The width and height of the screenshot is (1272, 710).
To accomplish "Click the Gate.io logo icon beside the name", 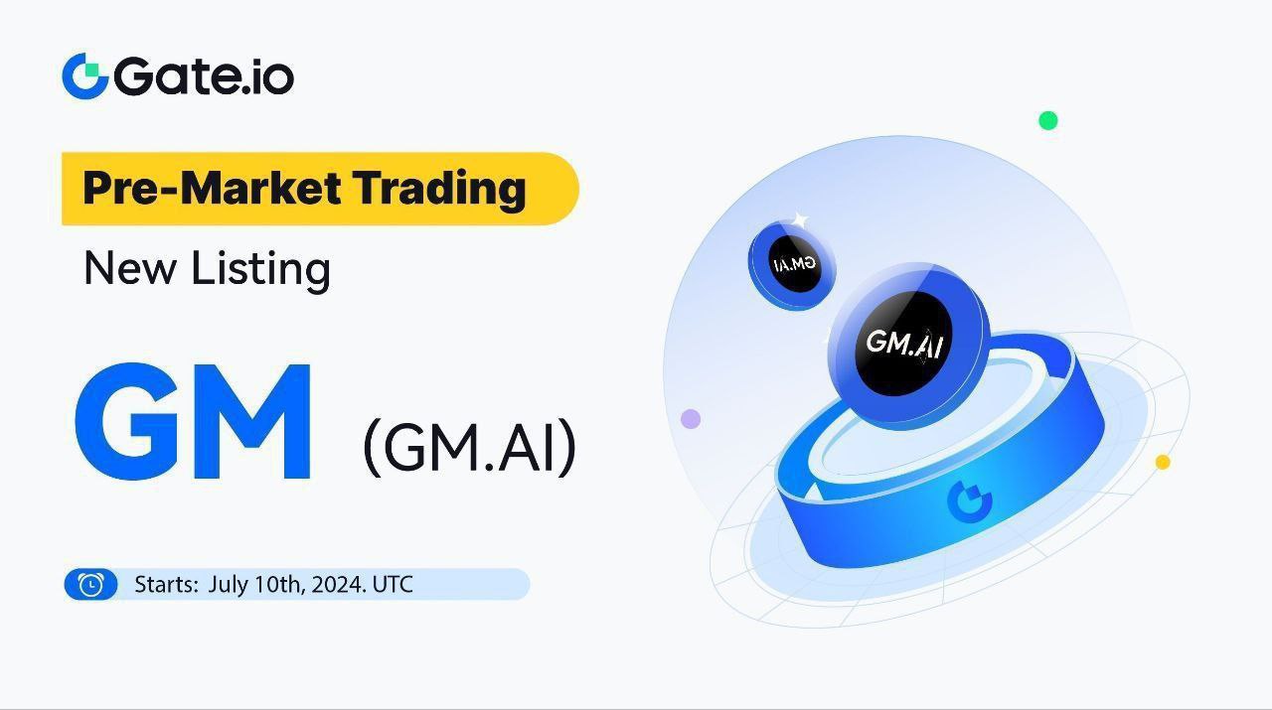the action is pyautogui.click(x=85, y=76).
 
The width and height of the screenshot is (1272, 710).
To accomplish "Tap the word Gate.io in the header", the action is pyautogui.click(x=204, y=76).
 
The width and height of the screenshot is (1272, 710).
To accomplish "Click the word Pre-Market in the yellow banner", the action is pyautogui.click(x=213, y=188).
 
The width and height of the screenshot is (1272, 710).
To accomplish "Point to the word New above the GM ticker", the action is pyautogui.click(x=130, y=268).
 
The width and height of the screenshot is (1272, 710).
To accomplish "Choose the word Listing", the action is pyautogui.click(x=261, y=270).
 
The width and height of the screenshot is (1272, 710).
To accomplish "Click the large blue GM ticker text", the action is pyautogui.click(x=193, y=422).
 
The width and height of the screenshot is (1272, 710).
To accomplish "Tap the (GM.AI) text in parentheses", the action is pyautogui.click(x=469, y=448).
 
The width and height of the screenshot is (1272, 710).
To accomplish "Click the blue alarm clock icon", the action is pyautogui.click(x=90, y=585).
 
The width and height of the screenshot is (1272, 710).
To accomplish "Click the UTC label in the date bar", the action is pyautogui.click(x=393, y=585).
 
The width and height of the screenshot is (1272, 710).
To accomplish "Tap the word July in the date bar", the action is pyautogui.click(x=228, y=586).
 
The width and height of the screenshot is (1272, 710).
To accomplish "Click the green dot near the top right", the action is pyautogui.click(x=1047, y=121).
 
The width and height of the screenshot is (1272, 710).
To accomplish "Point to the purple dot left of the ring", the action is pyautogui.click(x=691, y=419).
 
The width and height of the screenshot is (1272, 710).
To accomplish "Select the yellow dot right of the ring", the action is pyautogui.click(x=1163, y=462).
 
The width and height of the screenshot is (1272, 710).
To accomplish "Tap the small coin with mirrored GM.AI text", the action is pyautogui.click(x=792, y=265).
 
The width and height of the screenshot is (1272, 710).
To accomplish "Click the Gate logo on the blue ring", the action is pyautogui.click(x=970, y=501).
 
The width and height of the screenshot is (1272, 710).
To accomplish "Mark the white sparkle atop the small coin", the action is pyautogui.click(x=800, y=220).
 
